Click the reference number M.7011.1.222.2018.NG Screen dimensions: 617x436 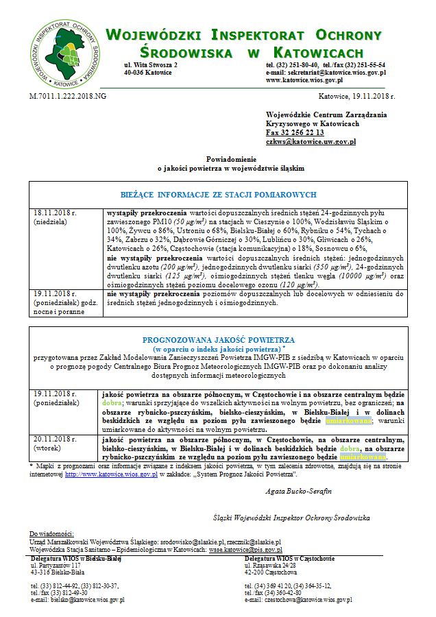(x=68, y=97)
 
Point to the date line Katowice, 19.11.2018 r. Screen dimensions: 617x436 (x=356, y=97)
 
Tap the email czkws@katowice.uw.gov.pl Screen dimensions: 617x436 (x=311, y=141)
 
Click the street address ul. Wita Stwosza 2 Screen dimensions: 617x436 (x=150, y=64)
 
